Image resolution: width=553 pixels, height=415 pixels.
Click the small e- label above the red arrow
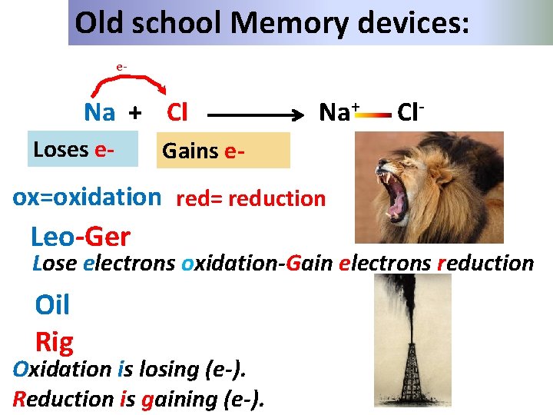pyautogui.click(x=121, y=67)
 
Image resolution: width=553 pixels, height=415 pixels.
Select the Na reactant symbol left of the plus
pyautogui.click(x=100, y=113)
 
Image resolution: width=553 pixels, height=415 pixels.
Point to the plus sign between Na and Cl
pyautogui.click(x=135, y=114)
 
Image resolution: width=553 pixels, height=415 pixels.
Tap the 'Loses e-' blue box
pyautogui.click(x=81, y=149)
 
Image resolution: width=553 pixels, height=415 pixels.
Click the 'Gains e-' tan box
pyautogui.click(x=224, y=151)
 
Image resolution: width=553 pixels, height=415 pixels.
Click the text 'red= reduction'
pyautogui.click(x=251, y=199)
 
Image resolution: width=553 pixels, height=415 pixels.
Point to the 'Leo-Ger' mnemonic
pyautogui.click(x=81, y=236)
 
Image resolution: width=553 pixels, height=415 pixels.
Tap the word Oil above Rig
pyautogui.click(x=52, y=306)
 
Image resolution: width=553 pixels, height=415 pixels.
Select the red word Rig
pyautogui.click(x=54, y=340)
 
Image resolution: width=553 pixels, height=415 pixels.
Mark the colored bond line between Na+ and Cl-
pyautogui.click(x=374, y=116)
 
